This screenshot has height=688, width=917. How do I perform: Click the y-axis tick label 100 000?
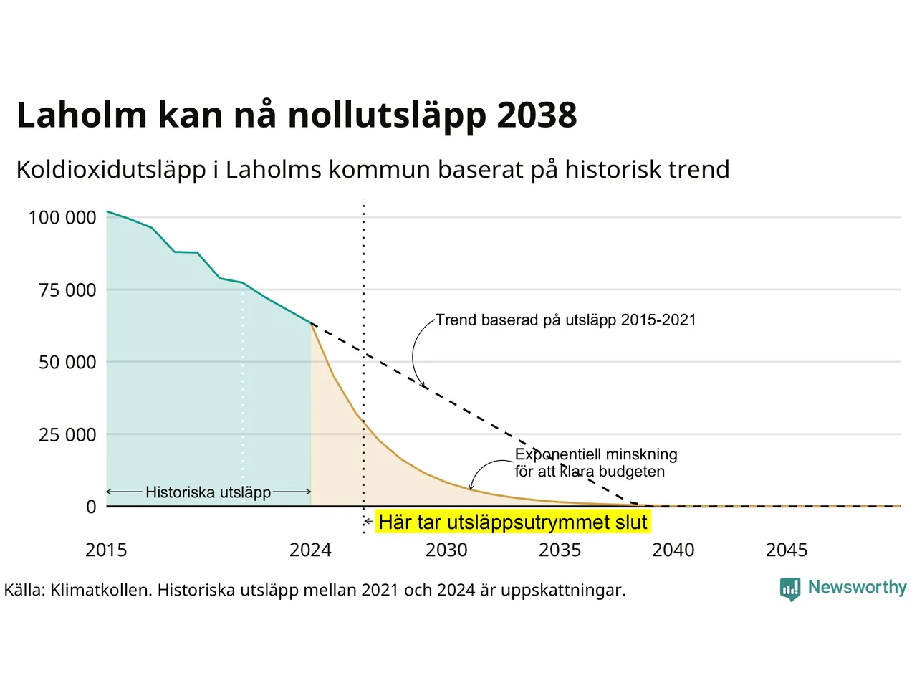[62, 218]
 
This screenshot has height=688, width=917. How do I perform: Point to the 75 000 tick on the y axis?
[67, 290]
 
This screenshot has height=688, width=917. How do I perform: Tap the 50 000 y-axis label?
[67, 363]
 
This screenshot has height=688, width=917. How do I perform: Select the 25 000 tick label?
[67, 435]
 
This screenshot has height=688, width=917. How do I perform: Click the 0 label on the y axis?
[91, 507]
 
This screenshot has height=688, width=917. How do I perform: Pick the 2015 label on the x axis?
[106, 550]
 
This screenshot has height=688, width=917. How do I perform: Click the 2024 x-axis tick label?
[310, 550]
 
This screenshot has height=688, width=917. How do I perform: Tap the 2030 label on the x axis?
[446, 550]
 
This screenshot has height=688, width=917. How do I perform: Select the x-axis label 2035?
[560, 550]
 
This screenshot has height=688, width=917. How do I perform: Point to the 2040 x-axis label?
[673, 550]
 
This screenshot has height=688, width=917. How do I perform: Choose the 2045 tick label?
[787, 550]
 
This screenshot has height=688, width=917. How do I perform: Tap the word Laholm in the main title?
[82, 114]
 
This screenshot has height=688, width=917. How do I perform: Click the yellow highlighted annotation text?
[513, 522]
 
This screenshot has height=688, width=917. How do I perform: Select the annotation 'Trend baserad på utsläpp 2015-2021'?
[566, 320]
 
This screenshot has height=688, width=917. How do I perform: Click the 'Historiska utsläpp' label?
[208, 492]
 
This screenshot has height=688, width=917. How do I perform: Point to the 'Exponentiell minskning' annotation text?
[596, 454]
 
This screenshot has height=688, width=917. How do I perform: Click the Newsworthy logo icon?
[790, 589]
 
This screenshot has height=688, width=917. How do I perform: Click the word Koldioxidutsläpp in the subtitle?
[111, 171]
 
